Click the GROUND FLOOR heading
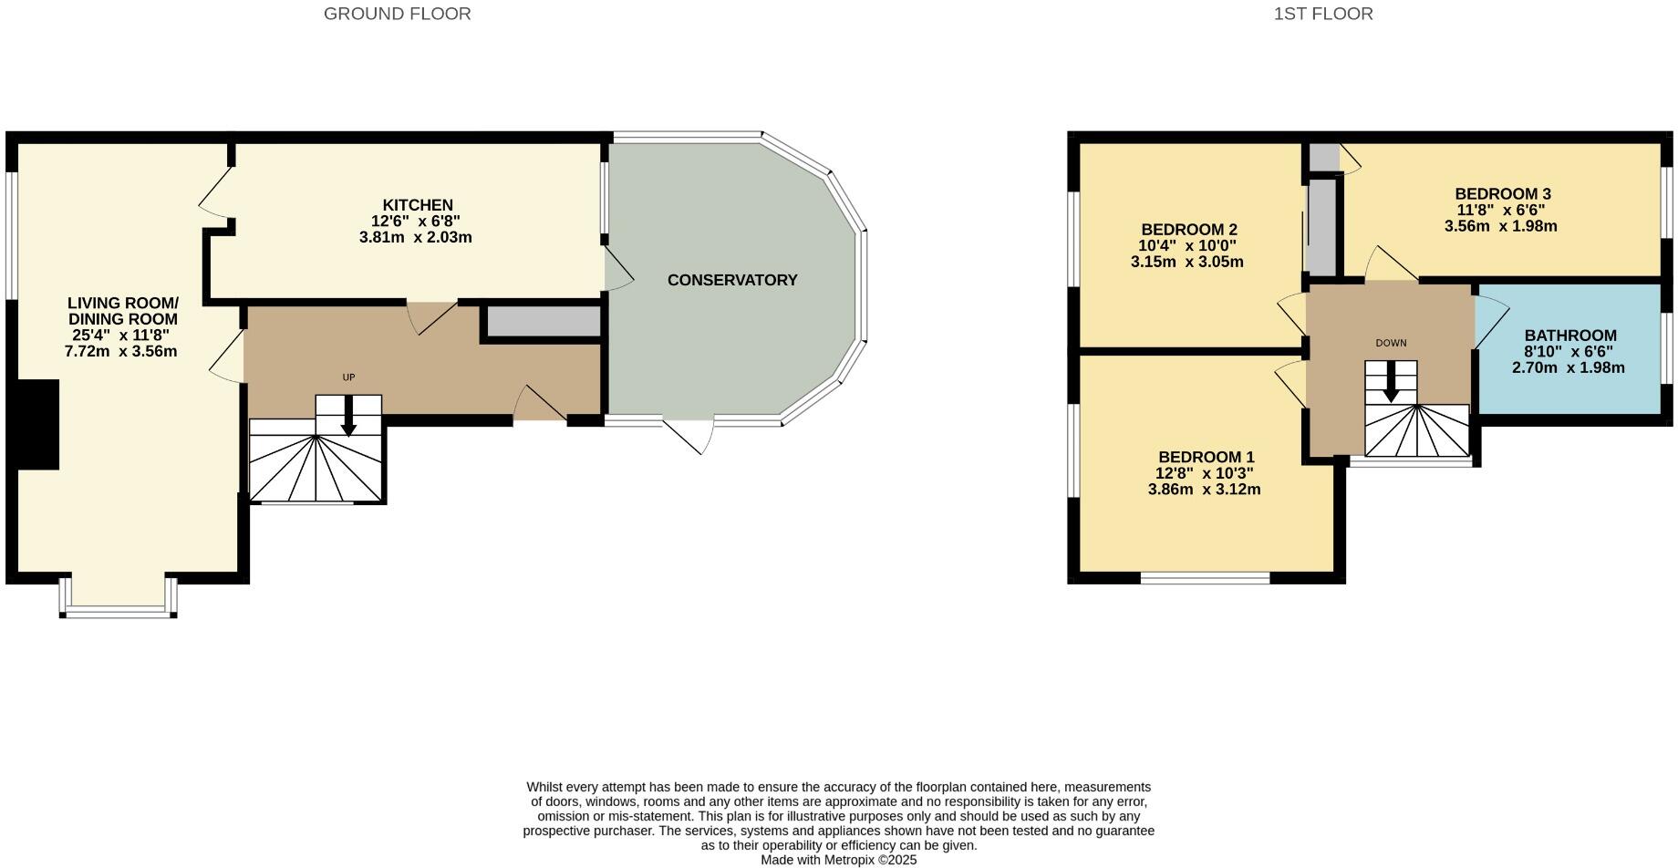pos(397,14)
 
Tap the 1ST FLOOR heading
pos(1323,14)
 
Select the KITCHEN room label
pos(417,205)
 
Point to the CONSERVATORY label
pos(732,280)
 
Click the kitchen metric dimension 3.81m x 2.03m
pos(415,237)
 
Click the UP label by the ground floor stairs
pos(348,377)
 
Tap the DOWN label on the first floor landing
pos(1391,344)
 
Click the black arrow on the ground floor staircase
pos(348,419)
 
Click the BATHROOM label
pos(1570,336)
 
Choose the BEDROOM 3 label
pos(1502,193)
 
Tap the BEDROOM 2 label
pos(1188,229)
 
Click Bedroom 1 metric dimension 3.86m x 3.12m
pos(1204,489)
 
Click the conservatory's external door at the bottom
pos(689,435)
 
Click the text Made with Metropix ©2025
pos(838,860)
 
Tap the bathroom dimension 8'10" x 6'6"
pos(1568,352)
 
